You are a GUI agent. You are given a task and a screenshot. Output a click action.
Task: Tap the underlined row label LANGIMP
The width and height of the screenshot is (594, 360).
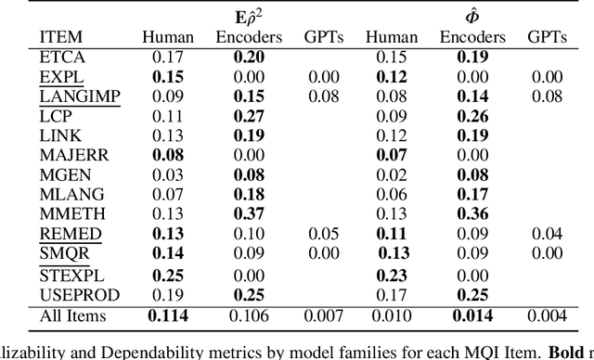(x=71, y=96)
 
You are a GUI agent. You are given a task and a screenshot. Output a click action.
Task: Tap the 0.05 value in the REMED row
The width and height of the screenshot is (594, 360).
(x=317, y=234)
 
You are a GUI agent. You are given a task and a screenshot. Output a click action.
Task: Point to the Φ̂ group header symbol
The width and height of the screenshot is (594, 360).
(x=475, y=16)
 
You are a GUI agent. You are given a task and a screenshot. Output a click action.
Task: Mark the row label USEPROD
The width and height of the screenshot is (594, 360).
(x=71, y=294)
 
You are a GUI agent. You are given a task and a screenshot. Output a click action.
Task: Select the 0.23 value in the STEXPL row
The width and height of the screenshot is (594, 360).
(x=392, y=275)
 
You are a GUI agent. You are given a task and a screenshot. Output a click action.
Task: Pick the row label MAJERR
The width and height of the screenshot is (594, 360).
(x=67, y=154)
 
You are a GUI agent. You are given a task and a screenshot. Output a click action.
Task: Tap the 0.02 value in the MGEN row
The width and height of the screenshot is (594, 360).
(x=392, y=174)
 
